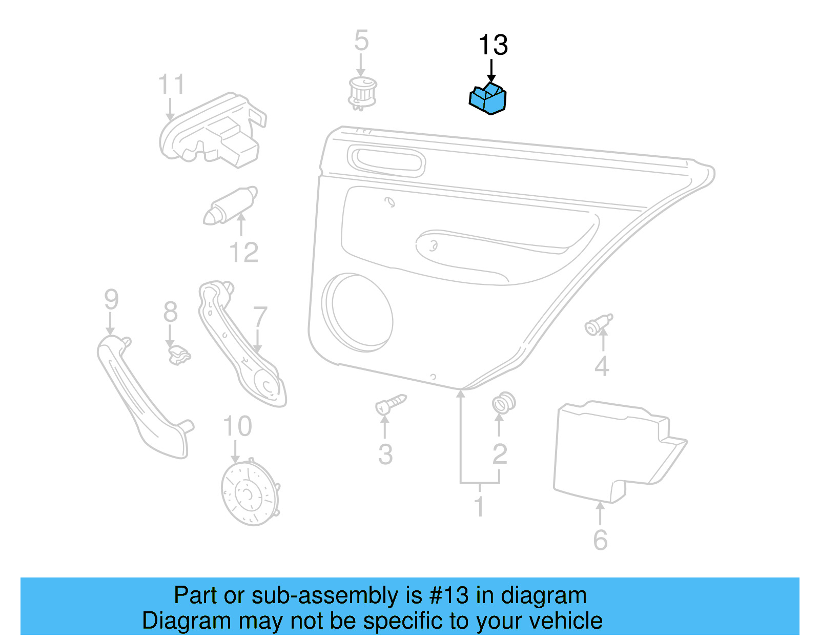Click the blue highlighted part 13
pos(488,99)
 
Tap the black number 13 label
pos(493,45)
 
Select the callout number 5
pos(361,40)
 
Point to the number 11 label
pos(171,85)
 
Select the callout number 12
pos(244,253)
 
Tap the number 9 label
pos(111,299)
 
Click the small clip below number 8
pos(179,355)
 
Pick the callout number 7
pos(260,318)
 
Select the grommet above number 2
pos(503,403)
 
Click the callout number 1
pos(479,507)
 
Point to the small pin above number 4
pos(598,325)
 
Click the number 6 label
pos(600,540)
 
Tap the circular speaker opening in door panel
pos(358,313)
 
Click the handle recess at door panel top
pos(387,160)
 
